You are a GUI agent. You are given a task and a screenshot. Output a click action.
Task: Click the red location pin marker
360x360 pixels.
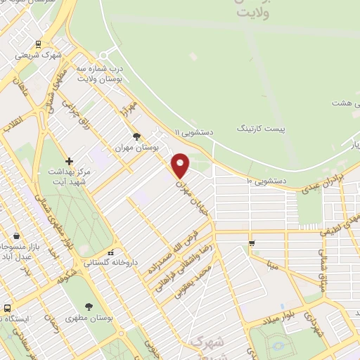click(181, 165)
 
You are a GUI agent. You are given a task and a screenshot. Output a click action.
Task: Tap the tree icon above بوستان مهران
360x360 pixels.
click(136, 136)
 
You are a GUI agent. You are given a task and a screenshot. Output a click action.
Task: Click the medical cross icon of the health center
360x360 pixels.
click(67, 160)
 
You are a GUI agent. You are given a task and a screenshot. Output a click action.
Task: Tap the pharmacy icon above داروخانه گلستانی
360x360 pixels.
click(110, 252)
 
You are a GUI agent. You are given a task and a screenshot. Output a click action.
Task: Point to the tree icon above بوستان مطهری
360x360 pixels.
click(88, 307)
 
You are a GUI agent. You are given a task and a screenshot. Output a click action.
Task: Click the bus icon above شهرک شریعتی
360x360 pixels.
click(37, 43)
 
